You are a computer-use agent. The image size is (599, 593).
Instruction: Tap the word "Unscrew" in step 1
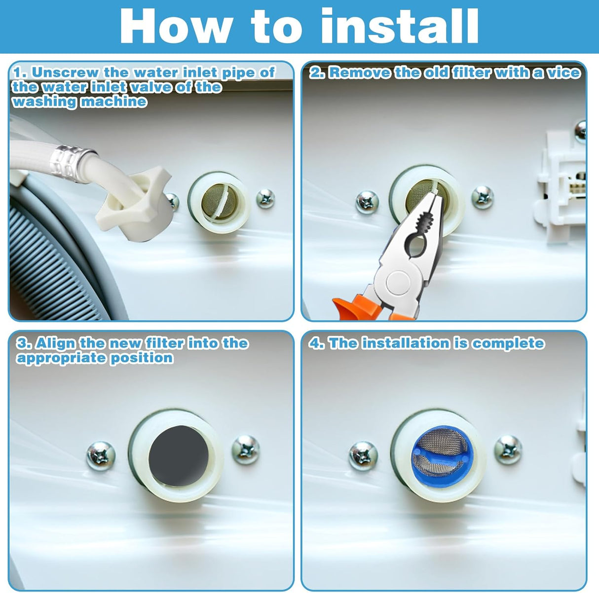(65, 72)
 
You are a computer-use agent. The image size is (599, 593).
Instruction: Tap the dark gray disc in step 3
(179, 453)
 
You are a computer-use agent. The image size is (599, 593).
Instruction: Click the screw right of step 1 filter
(265, 199)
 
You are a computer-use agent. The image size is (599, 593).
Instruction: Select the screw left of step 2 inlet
(368, 202)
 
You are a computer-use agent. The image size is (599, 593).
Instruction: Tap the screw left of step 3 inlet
(101, 456)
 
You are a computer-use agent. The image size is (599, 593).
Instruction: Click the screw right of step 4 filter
(508, 450)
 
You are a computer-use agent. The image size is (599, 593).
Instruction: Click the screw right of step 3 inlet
(246, 449)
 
